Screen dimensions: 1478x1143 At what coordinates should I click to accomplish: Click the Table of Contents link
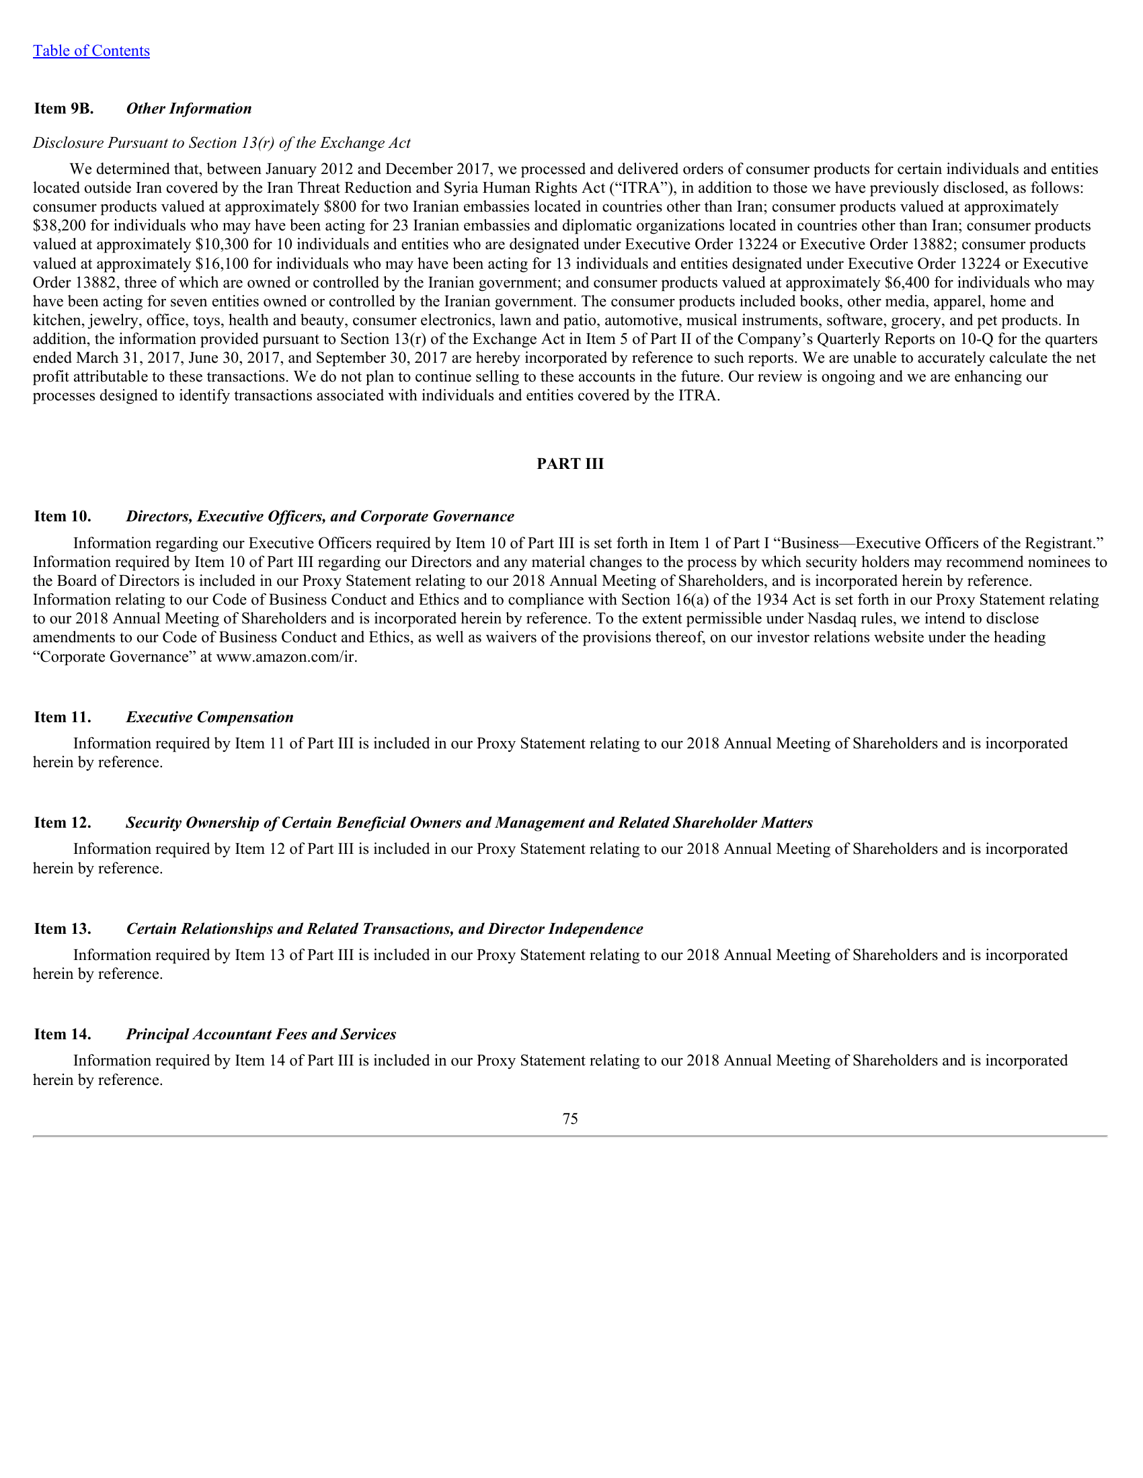[91, 51]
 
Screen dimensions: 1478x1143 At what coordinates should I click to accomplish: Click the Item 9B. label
[64, 109]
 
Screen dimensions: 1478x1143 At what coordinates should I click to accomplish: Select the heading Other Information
[189, 109]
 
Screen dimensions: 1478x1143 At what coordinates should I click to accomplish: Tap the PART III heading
[570, 464]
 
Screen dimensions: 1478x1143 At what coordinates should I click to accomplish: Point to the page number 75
[570, 1119]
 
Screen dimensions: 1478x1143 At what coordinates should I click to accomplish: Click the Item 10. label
[63, 517]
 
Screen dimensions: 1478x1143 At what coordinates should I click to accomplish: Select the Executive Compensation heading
[210, 718]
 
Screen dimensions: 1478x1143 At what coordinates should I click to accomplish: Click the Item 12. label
[63, 823]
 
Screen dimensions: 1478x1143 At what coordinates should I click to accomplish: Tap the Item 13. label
[63, 928]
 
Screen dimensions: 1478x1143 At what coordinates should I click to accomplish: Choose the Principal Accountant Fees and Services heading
[262, 1034]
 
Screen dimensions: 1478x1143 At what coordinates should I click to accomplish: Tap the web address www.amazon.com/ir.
[286, 656]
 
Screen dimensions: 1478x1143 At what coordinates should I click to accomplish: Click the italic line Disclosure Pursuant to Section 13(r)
[222, 143]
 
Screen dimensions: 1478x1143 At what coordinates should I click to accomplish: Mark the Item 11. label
[63, 718]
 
